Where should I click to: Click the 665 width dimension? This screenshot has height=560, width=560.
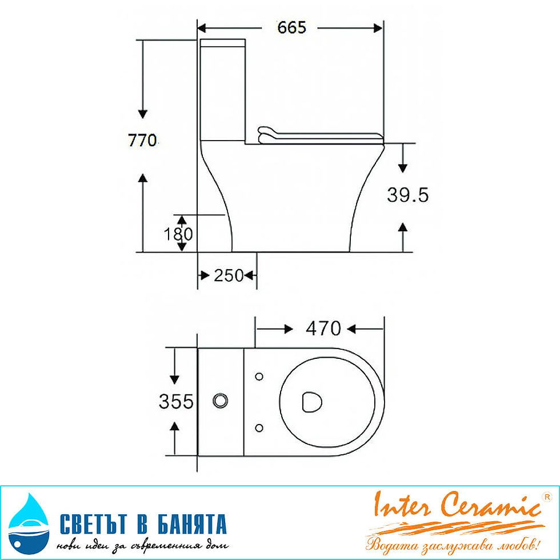pyautogui.click(x=291, y=27)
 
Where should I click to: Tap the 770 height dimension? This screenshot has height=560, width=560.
pyautogui.click(x=142, y=140)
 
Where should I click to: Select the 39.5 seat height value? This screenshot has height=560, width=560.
pyautogui.click(x=407, y=195)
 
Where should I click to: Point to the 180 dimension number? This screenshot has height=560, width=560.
pyautogui.click(x=179, y=234)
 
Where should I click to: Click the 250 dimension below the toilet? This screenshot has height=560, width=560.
pyautogui.click(x=229, y=276)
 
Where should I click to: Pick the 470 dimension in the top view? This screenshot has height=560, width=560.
pyautogui.click(x=323, y=329)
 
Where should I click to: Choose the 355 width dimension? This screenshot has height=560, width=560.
pyautogui.click(x=176, y=402)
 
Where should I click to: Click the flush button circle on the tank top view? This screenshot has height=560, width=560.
pyautogui.click(x=219, y=401)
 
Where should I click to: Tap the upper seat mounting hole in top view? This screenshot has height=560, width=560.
pyautogui.click(x=259, y=376)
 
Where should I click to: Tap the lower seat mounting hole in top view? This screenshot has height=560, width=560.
pyautogui.click(x=259, y=427)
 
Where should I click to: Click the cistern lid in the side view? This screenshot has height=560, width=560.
pyautogui.click(x=223, y=43)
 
